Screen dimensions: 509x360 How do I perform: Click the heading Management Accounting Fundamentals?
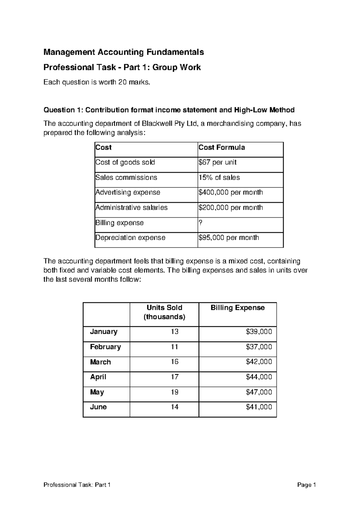point(124,52)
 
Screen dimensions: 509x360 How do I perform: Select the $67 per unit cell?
point(217,162)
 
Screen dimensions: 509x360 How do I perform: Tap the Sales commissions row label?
point(126,177)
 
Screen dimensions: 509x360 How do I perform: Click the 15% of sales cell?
point(219,177)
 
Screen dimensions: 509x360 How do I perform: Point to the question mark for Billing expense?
point(200,223)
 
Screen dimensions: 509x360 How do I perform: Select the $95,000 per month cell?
point(229,238)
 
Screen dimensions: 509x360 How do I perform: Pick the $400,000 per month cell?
point(230,192)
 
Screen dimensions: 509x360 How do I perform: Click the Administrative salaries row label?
point(131,207)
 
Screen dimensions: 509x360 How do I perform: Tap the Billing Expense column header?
point(238,308)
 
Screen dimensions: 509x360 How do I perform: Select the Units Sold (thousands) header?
point(164,312)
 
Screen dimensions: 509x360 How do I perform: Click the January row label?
point(104,332)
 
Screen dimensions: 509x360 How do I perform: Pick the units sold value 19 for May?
point(175,392)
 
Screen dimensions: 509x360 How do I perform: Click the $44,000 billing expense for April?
point(259,377)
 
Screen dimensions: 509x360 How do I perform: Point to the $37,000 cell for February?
point(259,347)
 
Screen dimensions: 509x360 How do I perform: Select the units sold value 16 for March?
point(175,362)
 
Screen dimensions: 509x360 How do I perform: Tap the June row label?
point(98,407)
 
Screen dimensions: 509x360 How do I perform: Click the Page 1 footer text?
point(307,485)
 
